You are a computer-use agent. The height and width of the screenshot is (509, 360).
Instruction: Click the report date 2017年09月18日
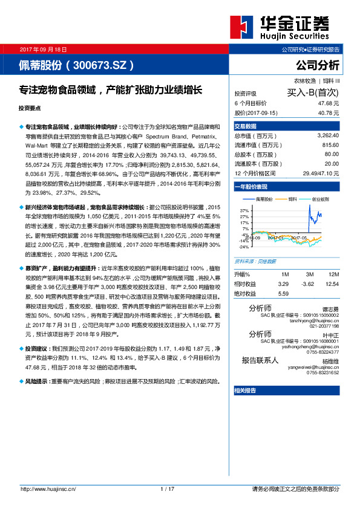[x=43, y=49]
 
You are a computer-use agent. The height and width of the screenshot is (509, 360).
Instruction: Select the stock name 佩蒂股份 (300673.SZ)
[x=76, y=65]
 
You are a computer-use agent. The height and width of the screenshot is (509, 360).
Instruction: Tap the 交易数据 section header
[x=246, y=126]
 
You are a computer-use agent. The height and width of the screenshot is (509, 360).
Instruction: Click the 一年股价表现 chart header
[x=250, y=188]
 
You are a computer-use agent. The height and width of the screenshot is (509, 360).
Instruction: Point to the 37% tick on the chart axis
[x=244, y=209]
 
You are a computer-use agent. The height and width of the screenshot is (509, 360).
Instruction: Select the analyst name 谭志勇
[x=330, y=308]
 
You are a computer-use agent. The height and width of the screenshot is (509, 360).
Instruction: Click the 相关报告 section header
[x=245, y=391]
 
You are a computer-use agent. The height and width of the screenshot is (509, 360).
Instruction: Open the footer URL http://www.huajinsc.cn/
[x=48, y=488]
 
